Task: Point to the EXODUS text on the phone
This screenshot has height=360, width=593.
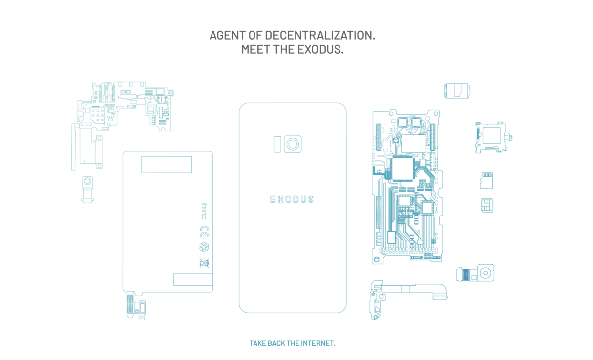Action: (x=292, y=200)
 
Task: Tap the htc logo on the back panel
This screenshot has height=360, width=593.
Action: (x=204, y=209)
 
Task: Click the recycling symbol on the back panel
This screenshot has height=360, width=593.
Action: (x=204, y=247)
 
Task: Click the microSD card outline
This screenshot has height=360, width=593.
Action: (x=486, y=180)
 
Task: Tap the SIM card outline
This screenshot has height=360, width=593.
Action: (x=487, y=205)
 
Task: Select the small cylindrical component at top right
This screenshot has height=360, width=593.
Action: (x=457, y=91)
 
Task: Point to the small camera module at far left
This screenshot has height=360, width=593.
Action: (x=88, y=188)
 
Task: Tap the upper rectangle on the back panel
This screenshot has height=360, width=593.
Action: (x=167, y=164)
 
